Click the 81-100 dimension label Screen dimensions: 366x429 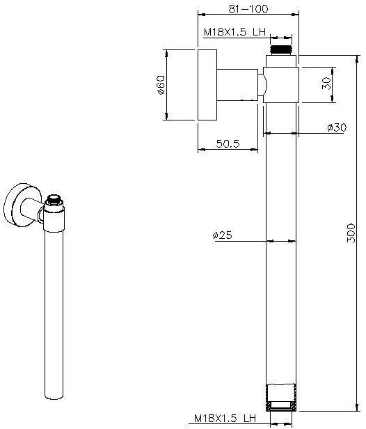(248, 9)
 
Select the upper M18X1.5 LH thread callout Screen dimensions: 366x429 (234, 32)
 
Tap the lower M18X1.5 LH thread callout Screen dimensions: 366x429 (225, 418)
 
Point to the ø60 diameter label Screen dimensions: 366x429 (161, 85)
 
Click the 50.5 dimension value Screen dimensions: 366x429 (228, 143)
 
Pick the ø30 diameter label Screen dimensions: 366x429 (337, 127)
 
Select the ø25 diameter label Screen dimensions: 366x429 (222, 235)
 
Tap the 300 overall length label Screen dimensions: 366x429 (351, 233)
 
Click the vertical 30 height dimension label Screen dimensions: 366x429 (326, 83)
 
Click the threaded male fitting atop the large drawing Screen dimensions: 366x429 (281, 50)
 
